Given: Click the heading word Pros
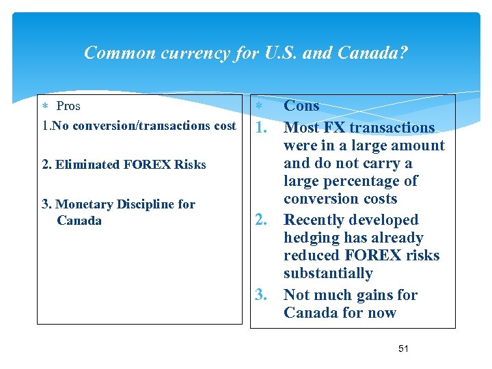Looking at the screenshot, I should pyautogui.click(x=68, y=106).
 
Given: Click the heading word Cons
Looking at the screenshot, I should pyautogui.click(x=301, y=105).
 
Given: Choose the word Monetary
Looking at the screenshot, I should pyautogui.click(x=85, y=204).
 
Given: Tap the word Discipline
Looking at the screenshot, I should pyautogui.click(x=146, y=204).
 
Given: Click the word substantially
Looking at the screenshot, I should pyautogui.click(x=328, y=273).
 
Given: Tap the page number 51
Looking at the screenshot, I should pyautogui.click(x=403, y=348).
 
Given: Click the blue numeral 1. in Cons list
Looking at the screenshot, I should pyautogui.click(x=261, y=128).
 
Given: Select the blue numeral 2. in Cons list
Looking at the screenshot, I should pyautogui.click(x=261, y=220).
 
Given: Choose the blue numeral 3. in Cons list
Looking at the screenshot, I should pyautogui.click(x=261, y=295).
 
